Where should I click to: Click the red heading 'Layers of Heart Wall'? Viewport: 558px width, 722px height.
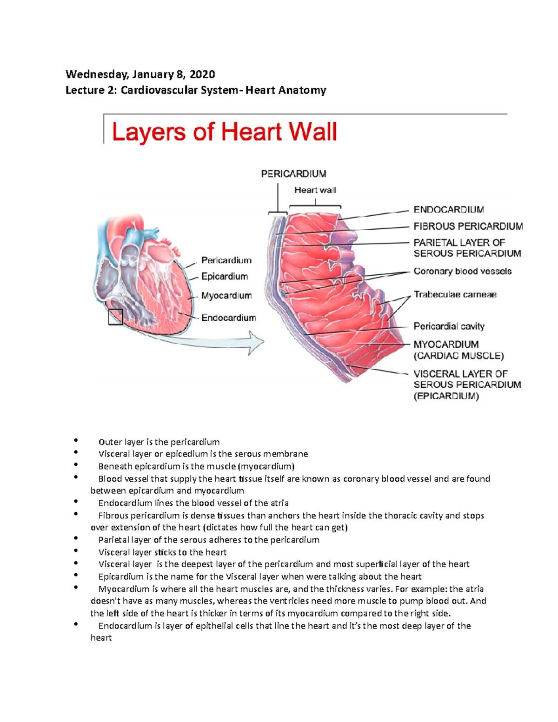pyautogui.click(x=224, y=132)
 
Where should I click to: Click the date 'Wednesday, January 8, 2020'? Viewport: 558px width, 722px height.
pyautogui.click(x=140, y=74)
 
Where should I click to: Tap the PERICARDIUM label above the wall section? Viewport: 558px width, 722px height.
pyautogui.click(x=293, y=174)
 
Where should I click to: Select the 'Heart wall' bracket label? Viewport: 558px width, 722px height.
pyautogui.click(x=315, y=190)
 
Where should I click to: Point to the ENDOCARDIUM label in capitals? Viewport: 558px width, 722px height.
pyautogui.click(x=449, y=210)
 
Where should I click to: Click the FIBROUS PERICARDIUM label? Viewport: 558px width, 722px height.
pyautogui.click(x=468, y=226)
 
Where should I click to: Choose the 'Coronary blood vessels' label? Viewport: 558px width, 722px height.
pyautogui.click(x=462, y=272)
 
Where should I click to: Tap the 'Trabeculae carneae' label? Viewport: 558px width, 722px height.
pyautogui.click(x=455, y=295)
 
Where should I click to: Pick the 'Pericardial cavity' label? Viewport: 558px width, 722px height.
pyautogui.click(x=449, y=326)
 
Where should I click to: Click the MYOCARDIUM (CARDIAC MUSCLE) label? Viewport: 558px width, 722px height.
pyautogui.click(x=458, y=350)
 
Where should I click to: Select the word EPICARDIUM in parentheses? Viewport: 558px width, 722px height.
pyautogui.click(x=446, y=397)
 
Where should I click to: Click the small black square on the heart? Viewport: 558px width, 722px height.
pyautogui.click(x=115, y=317)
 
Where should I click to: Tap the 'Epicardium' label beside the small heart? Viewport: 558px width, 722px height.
pyautogui.click(x=224, y=277)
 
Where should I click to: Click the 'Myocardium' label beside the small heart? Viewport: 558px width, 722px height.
pyautogui.click(x=226, y=296)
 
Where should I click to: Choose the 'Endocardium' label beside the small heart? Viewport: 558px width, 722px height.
pyautogui.click(x=228, y=318)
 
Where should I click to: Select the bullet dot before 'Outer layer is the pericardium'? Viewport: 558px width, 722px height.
pyautogui.click(x=75, y=440)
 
